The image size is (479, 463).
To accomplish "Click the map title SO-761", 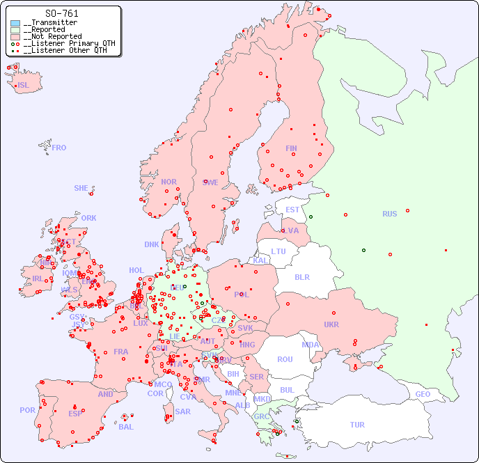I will coord(61,13).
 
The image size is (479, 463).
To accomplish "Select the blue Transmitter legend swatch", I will coord(15,23).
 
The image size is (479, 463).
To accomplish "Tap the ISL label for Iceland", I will coord(24,86).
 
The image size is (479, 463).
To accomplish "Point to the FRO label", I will coord(59,148).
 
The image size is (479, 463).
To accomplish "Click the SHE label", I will coord(81,188).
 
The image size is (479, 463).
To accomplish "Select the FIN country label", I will coord(291,148).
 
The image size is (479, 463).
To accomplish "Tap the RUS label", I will coord(389,214).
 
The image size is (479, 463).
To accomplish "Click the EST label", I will coord(292,210).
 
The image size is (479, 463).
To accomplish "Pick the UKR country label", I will coord(331,324).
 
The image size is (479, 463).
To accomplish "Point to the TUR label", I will coord(357,425).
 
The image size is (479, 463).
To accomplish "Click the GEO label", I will coord(423,394).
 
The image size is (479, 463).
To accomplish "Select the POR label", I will coord(27,410).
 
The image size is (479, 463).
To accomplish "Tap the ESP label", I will coord(75,413).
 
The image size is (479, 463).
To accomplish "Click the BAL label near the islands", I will coord(126,427).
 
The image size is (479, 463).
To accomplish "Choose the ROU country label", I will coord(285,359).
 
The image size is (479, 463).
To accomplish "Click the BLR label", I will coord(301,276).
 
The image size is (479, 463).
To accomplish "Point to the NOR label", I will coord(168,182).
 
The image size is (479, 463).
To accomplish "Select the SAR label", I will coord(182,411).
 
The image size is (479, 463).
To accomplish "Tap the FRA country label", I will coord(121,352).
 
